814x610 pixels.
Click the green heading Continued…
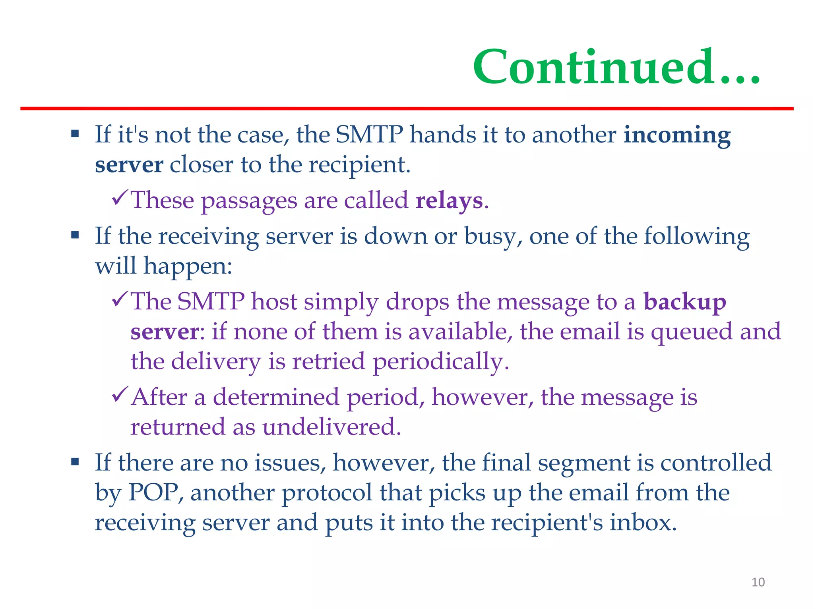tap(616, 67)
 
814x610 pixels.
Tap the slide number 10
tap(758, 582)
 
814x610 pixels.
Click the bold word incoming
tap(677, 135)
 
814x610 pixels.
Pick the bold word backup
tap(684, 302)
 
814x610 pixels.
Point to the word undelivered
tap(331, 427)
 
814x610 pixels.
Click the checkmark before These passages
tap(120, 197)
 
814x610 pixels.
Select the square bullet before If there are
tap(75, 462)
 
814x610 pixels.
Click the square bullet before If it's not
tap(75, 133)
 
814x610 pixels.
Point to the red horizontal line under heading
tap(407, 108)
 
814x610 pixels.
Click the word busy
tap(493, 236)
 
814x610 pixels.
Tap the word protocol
tap(326, 493)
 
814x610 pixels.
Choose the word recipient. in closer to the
tap(359, 165)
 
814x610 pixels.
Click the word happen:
tap(188, 266)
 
